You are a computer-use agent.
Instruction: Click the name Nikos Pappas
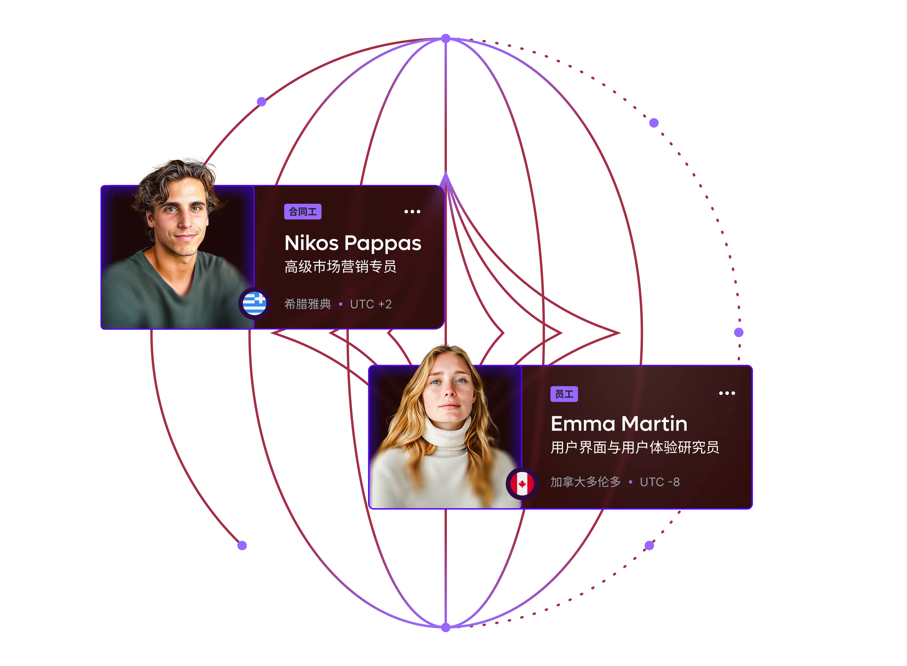(353, 243)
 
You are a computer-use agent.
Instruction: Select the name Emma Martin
(619, 424)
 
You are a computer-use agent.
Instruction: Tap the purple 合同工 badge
(303, 212)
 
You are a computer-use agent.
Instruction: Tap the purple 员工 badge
(564, 394)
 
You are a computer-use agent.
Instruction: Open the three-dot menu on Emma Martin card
(727, 393)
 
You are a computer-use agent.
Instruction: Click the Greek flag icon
(254, 303)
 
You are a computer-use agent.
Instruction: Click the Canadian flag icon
(522, 483)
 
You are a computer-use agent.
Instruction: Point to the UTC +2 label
(371, 304)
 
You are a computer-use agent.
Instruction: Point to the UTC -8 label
(660, 482)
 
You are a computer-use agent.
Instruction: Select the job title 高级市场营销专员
(340, 266)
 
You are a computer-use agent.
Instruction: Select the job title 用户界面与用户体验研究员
(635, 447)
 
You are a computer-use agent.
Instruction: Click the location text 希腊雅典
(308, 304)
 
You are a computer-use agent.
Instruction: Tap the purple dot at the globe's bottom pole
(445, 627)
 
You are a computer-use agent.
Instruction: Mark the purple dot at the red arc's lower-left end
(242, 545)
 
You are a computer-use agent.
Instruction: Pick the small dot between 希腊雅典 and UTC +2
(341, 304)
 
